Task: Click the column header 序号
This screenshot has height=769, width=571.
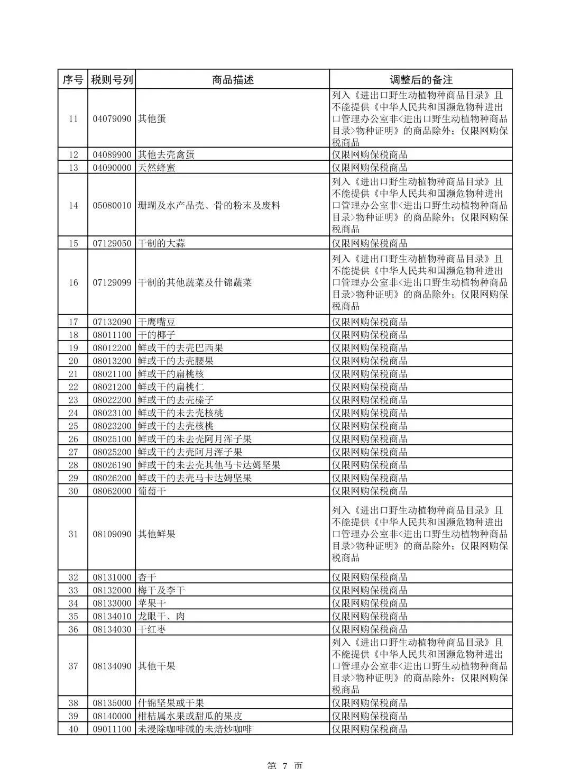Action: tap(73, 79)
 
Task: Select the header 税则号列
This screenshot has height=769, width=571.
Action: tap(112, 79)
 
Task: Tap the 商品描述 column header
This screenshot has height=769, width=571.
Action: tap(233, 79)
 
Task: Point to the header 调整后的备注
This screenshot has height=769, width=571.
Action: tap(421, 79)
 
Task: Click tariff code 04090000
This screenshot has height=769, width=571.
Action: tap(112, 168)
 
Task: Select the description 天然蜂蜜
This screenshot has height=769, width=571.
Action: tap(156, 168)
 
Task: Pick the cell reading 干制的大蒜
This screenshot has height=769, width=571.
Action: tap(161, 243)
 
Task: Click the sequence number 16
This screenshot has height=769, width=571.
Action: tap(73, 282)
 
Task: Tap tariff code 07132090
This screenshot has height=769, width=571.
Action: tap(112, 322)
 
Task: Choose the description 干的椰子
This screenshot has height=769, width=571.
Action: tap(156, 335)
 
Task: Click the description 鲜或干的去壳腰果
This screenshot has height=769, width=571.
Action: tap(176, 361)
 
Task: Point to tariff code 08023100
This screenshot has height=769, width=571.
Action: tap(112, 413)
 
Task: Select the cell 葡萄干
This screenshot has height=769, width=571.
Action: tap(152, 491)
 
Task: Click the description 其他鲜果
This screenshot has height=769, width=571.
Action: tap(156, 534)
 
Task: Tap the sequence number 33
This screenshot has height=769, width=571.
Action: tap(73, 590)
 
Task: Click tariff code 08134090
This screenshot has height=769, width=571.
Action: tap(112, 666)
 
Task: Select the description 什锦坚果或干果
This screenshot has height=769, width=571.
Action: tap(171, 703)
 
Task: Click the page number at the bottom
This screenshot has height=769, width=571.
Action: tap(285, 765)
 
